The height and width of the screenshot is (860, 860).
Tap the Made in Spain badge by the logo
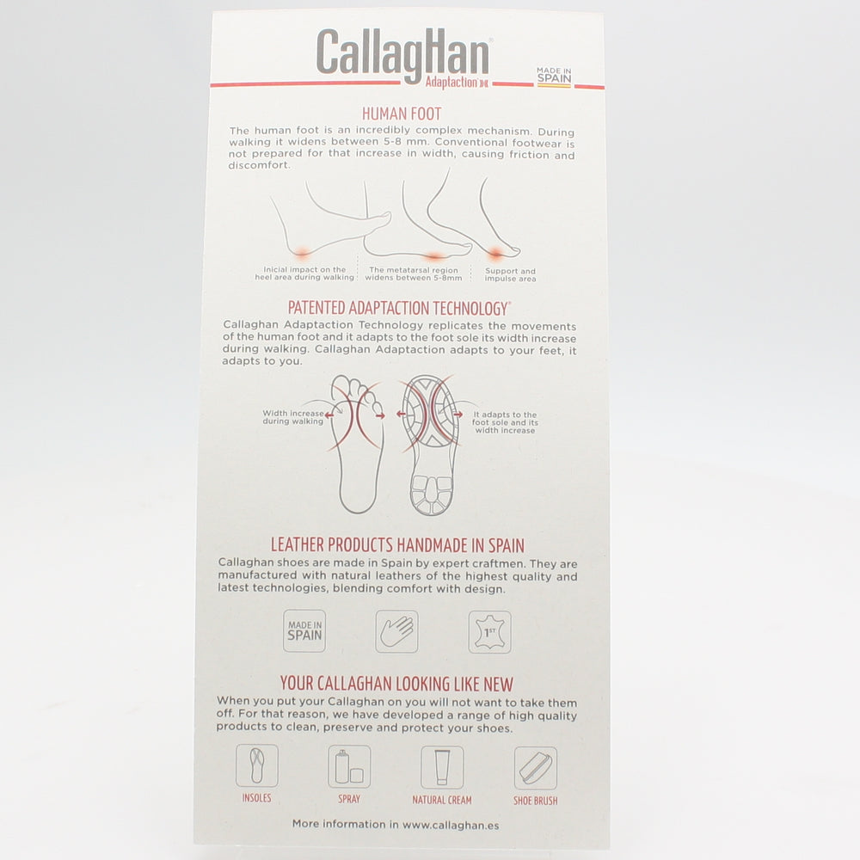coord(554,76)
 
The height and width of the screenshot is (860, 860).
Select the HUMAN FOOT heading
coord(402,114)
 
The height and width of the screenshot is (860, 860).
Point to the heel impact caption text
coord(304,273)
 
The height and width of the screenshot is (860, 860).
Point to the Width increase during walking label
coord(293,417)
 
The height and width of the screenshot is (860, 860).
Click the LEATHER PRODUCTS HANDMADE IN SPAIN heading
coord(397,545)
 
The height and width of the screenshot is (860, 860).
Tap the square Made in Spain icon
coord(304,631)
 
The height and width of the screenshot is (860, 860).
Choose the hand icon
coord(396,631)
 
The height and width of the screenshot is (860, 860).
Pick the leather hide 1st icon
coord(489,631)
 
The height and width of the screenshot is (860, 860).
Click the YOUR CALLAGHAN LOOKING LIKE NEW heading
coord(396,685)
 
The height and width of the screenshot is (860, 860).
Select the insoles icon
coord(257,765)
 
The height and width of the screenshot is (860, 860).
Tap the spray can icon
coord(349,765)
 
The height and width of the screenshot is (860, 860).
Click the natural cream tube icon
coord(442,766)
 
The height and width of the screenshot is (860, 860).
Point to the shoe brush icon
coord(535,767)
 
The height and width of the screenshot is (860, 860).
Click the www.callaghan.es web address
coord(451,824)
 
